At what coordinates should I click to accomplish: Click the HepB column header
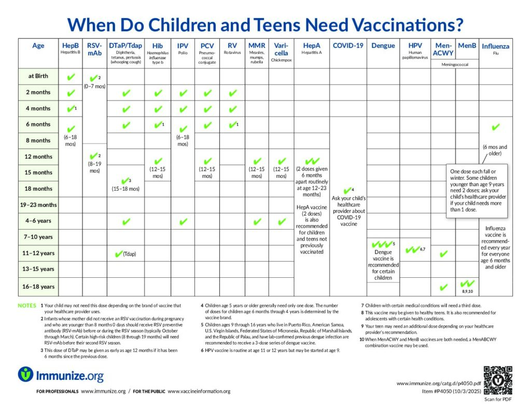tap(70, 46)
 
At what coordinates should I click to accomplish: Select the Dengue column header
tap(383, 46)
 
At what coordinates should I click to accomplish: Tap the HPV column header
tap(415, 46)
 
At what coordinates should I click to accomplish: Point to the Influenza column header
tap(495, 47)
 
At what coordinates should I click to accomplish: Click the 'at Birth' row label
tap(38, 76)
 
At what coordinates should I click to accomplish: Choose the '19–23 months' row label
tap(38, 205)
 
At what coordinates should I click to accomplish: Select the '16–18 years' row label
tap(38, 287)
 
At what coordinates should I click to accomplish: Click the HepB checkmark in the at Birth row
tap(71, 77)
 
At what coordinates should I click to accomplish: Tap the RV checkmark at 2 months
tap(232, 93)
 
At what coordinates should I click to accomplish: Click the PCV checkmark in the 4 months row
tap(207, 109)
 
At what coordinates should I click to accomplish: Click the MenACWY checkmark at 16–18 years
tap(443, 287)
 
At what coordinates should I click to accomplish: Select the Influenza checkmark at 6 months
tap(495, 126)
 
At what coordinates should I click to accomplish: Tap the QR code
tap(497, 380)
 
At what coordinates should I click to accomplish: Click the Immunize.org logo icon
tap(26, 374)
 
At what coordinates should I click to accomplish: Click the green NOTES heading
tap(27, 306)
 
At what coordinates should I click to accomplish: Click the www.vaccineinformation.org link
tap(199, 391)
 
